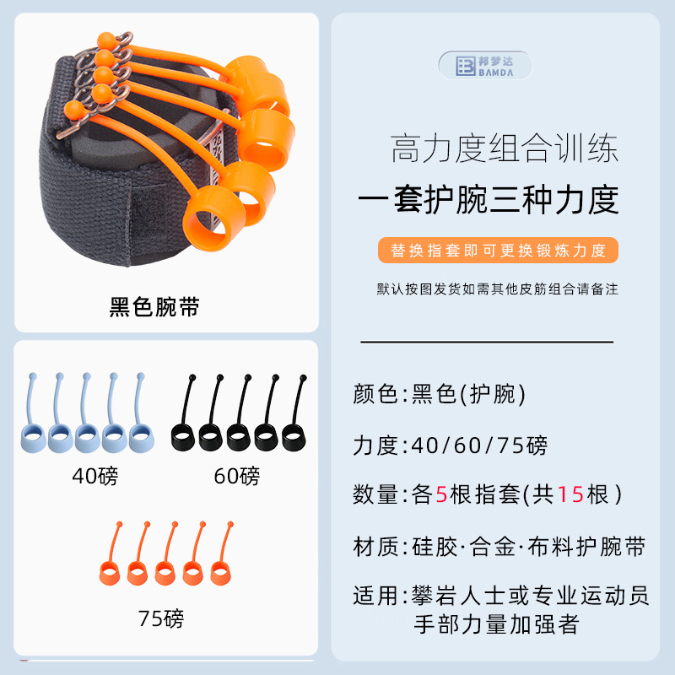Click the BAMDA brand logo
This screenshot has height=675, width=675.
coord(485,67)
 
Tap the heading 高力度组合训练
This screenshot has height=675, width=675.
coord(505,149)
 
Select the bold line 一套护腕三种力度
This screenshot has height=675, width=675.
coord(489,200)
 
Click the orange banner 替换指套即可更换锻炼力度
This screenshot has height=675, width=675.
coord(498,251)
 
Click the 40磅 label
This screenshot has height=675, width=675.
coord(95,477)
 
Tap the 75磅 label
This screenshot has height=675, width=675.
coord(160,619)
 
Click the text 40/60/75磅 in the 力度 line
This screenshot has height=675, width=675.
coord(477,445)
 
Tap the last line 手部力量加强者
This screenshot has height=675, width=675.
coord(501,624)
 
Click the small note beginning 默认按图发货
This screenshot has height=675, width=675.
coord(497,289)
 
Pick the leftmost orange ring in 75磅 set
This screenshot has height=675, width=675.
coord(111,573)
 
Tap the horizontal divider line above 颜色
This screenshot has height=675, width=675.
coord(487,342)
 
